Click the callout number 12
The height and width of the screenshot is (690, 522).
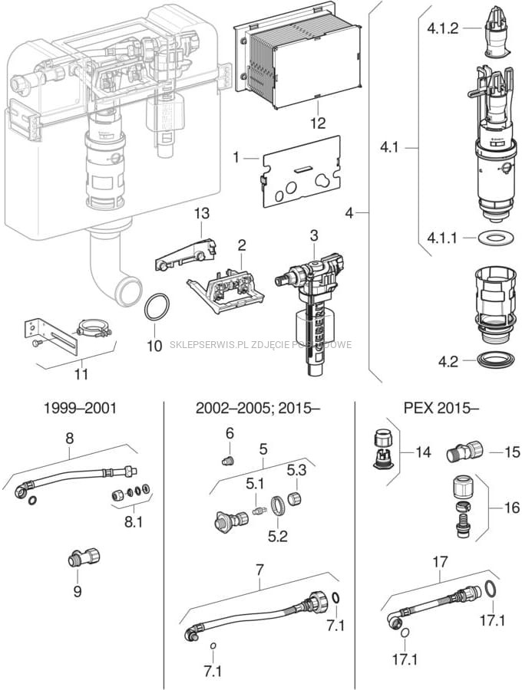[318, 123]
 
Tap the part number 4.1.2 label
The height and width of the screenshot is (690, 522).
[442, 28]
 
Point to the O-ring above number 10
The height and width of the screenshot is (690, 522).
[157, 308]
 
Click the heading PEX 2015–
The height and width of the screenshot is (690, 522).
[436, 408]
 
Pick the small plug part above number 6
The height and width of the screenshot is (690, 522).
[226, 461]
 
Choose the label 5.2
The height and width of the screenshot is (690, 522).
[278, 536]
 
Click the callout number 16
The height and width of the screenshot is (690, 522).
[512, 508]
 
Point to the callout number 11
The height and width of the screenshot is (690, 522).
[81, 375]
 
